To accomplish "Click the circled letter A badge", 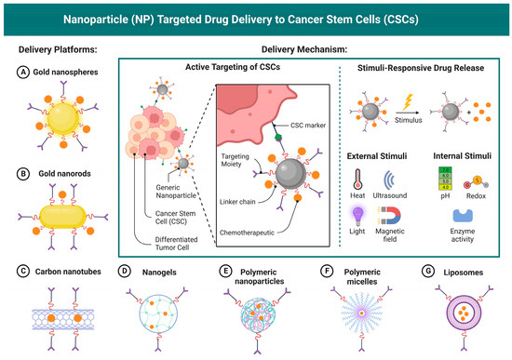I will (21, 71).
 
